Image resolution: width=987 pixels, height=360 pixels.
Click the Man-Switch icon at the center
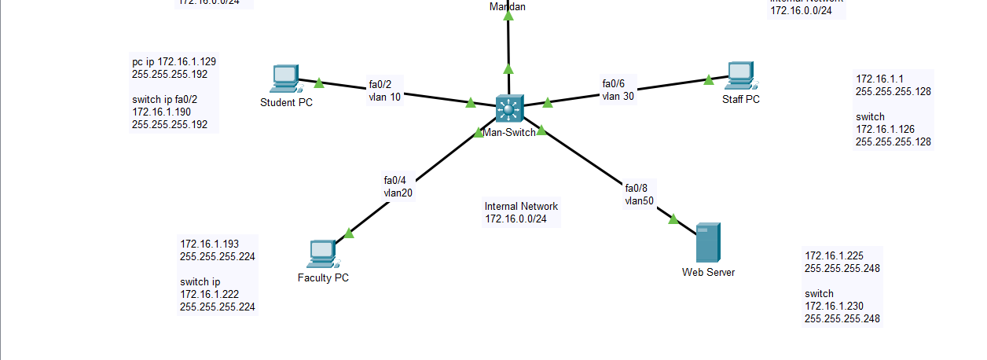click(508, 108)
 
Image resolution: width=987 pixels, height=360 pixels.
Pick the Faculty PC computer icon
click(321, 254)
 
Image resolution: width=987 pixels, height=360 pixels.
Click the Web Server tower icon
click(707, 243)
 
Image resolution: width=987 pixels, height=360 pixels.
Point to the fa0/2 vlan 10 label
click(385, 91)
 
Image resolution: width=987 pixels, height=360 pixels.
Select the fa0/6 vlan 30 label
click(618, 90)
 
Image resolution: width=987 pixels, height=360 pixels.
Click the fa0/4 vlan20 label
click(397, 186)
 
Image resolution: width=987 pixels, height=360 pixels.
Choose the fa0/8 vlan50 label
click(639, 194)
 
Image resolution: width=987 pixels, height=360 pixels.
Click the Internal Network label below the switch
click(521, 212)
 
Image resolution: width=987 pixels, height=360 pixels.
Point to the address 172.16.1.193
click(209, 244)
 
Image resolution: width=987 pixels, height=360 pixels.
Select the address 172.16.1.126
click(885, 129)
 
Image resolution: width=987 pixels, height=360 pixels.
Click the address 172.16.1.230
click(834, 306)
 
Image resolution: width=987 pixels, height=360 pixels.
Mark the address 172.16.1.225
click(834, 255)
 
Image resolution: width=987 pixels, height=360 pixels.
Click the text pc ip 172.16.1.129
click(174, 61)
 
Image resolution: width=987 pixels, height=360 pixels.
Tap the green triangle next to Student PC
click(319, 82)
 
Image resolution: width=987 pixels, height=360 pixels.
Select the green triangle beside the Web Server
click(673, 219)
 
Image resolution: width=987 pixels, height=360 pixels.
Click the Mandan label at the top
click(508, 6)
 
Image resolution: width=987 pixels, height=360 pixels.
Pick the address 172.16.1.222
click(209, 294)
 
